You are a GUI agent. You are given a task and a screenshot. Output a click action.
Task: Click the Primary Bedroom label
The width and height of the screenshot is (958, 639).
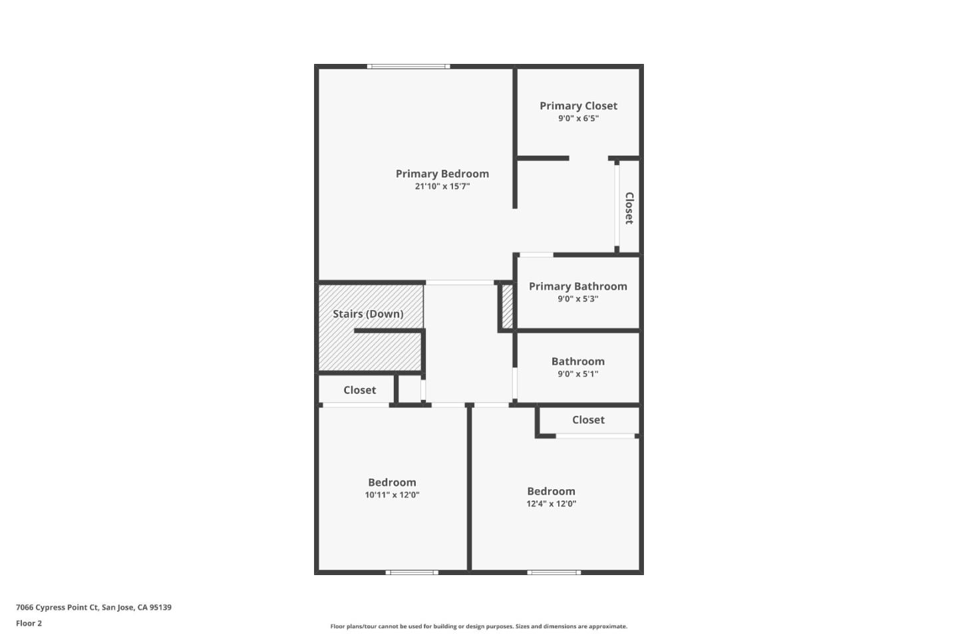click(x=442, y=174)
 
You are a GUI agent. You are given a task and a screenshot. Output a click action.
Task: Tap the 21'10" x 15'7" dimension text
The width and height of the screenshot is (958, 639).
click(x=442, y=186)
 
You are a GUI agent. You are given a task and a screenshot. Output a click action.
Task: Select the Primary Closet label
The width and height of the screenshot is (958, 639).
click(x=578, y=106)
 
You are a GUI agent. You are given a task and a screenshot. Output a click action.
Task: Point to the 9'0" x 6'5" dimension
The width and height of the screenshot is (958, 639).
click(x=578, y=118)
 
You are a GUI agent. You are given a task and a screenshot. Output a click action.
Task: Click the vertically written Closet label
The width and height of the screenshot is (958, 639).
click(x=629, y=208)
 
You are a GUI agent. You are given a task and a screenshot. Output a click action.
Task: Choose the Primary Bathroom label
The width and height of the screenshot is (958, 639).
click(x=577, y=286)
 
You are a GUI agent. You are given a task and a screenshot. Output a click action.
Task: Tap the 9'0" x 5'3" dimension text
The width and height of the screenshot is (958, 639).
click(x=577, y=299)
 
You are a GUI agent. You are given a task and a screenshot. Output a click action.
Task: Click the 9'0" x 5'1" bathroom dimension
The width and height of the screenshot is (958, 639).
click(x=577, y=374)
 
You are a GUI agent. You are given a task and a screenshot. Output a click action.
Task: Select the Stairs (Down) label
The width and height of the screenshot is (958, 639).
click(x=368, y=314)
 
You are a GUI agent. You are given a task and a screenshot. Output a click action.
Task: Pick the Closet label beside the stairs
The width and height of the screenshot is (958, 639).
click(x=359, y=390)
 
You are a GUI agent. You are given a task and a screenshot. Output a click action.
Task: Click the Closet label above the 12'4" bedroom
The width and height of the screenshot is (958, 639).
click(x=588, y=420)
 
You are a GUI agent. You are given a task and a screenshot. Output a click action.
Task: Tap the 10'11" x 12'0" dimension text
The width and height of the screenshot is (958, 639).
click(x=392, y=495)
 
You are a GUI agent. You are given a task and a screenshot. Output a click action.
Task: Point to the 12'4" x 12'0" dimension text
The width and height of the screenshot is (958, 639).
click(x=551, y=504)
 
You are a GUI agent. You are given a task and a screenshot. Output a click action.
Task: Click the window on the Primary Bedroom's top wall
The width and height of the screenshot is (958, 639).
click(x=408, y=67)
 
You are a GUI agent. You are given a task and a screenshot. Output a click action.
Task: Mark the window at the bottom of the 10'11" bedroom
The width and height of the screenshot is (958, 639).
click(x=412, y=572)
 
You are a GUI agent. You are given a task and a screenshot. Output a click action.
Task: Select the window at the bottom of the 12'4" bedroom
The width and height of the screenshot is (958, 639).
click(x=554, y=572)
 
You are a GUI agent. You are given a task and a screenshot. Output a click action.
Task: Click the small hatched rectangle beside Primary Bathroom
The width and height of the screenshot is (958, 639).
click(x=507, y=306)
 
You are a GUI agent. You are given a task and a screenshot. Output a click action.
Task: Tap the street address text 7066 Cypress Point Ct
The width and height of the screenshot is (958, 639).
click(x=93, y=607)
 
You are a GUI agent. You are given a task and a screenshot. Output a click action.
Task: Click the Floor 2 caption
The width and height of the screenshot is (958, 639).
click(x=29, y=624)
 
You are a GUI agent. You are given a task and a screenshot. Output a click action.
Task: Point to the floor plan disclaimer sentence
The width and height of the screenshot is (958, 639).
click(x=478, y=626)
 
